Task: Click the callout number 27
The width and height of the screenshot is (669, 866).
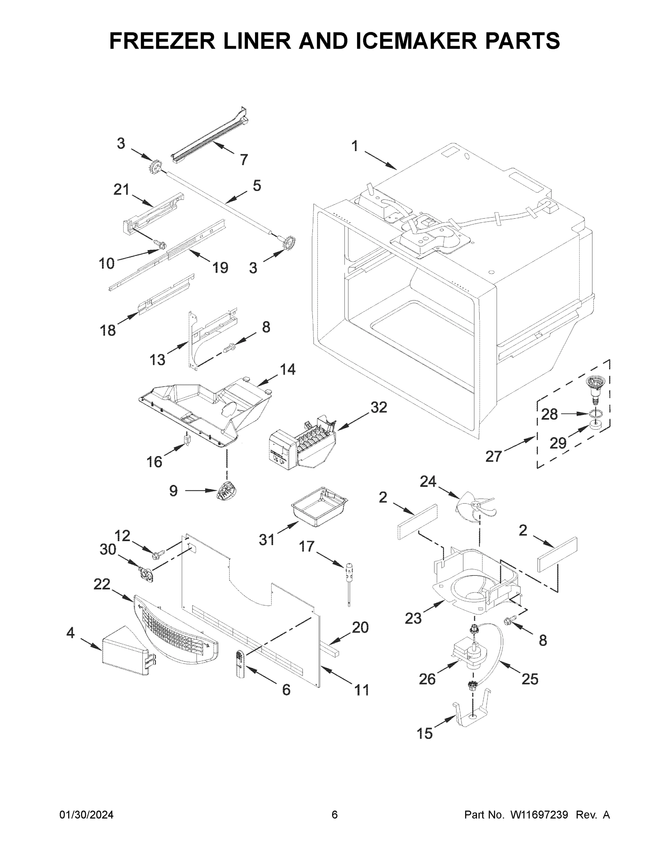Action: point(493,457)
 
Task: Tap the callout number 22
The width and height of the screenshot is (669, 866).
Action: point(101,584)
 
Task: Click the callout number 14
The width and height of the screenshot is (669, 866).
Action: point(288,369)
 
